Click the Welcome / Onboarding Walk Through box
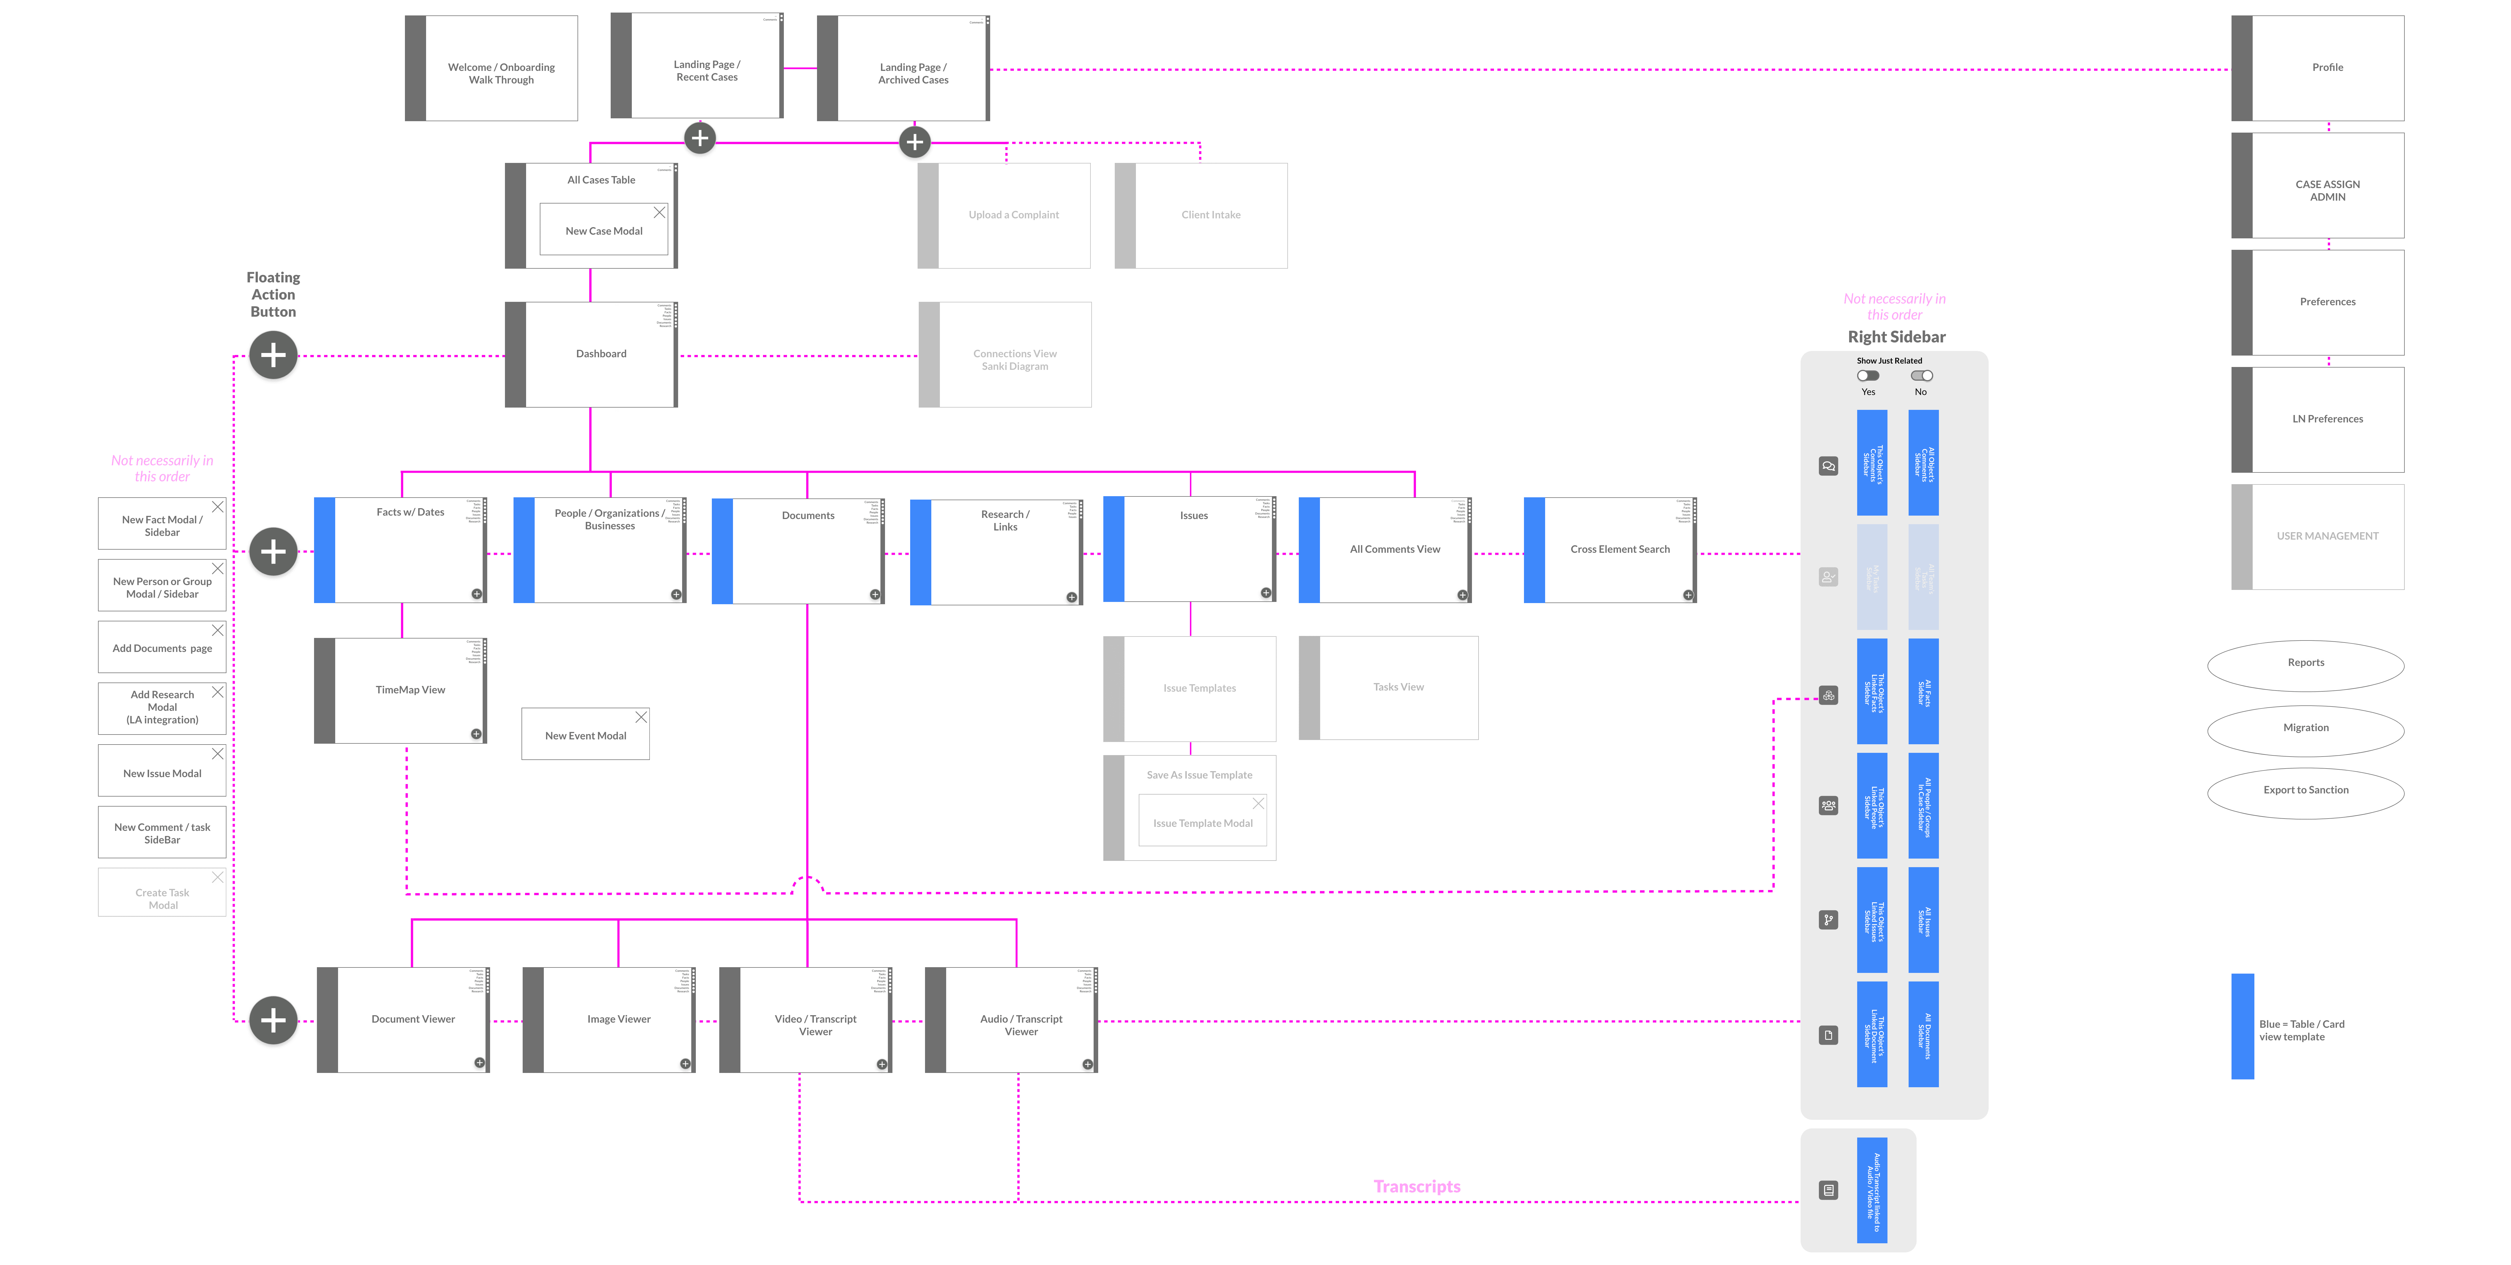coord(501,73)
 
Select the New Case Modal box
coord(603,231)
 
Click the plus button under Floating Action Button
coord(273,355)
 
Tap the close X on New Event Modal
coord(640,717)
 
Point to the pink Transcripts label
coord(1416,1186)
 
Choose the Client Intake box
coord(1211,216)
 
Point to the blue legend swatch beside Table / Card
coord(2242,1026)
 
